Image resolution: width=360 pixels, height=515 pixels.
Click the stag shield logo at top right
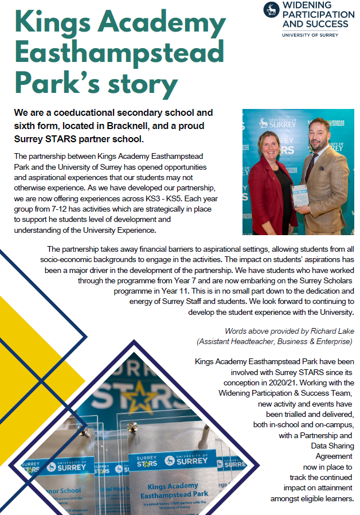coord(272,10)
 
